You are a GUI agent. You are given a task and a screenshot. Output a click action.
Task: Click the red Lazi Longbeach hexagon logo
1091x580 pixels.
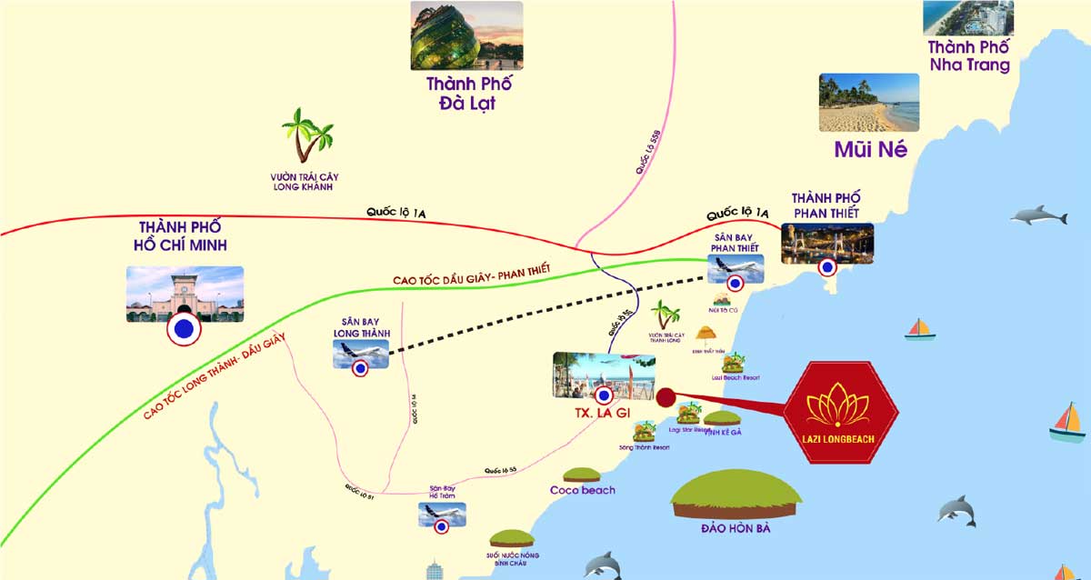point(841,413)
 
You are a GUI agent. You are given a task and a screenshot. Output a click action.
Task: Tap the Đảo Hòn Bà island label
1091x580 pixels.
point(736,528)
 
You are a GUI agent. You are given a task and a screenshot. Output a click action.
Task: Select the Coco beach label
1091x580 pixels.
point(582,490)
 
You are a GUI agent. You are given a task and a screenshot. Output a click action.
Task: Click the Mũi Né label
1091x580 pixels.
point(870,150)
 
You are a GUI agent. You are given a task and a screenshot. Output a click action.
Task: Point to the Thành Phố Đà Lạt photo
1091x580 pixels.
point(466,35)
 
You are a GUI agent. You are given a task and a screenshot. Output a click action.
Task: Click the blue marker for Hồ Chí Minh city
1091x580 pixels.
point(185,331)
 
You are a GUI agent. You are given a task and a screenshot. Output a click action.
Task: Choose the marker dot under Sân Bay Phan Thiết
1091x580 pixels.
point(736,283)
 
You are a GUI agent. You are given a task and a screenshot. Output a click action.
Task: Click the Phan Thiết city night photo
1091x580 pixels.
point(826,243)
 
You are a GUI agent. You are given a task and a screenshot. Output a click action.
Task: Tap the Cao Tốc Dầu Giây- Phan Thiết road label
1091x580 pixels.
point(472,274)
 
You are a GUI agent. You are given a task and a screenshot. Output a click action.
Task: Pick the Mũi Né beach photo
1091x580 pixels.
point(868,103)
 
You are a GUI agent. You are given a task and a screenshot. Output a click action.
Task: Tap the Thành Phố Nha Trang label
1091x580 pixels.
point(968,56)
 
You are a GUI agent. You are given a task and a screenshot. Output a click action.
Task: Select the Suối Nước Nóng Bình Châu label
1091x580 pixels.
point(510,556)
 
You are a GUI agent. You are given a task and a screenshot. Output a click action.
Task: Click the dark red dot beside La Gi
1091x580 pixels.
point(666,397)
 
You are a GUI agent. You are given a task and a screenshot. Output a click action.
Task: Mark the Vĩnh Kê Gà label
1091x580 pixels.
point(723,433)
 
